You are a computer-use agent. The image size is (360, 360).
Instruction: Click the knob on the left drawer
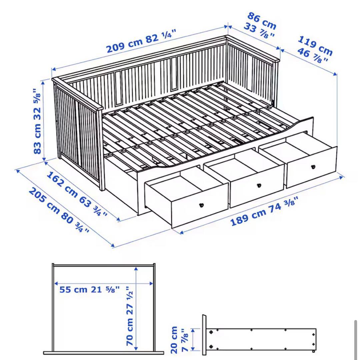(201, 205)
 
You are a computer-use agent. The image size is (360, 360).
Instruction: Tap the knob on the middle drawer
(259, 185)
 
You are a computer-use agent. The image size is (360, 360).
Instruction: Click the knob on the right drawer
(313, 167)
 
